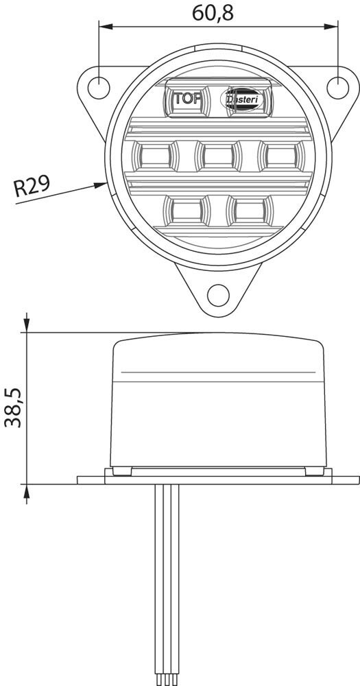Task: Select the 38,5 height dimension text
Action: coord(14,407)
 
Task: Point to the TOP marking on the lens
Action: coord(187,98)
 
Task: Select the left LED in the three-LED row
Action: coord(154,156)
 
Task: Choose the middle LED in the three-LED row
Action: coord(218,156)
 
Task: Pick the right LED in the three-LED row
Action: coord(281,156)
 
